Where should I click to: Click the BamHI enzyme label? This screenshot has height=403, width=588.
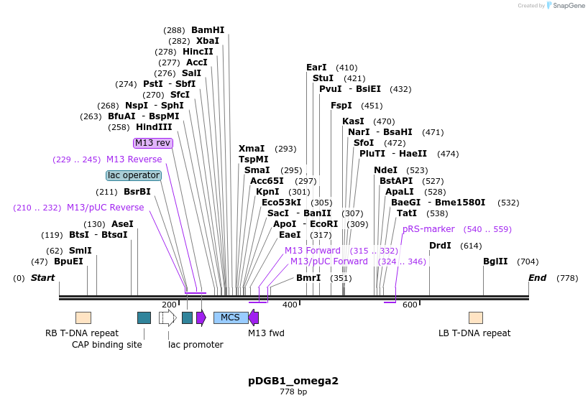(208, 30)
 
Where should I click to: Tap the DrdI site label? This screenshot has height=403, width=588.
(440, 246)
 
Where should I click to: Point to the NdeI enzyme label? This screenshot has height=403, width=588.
(385, 170)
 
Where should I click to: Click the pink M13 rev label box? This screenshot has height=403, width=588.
(153, 143)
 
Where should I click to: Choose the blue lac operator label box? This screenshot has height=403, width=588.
(134, 175)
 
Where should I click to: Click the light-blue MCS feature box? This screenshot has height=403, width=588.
(231, 318)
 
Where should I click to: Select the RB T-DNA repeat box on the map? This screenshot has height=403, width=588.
(83, 318)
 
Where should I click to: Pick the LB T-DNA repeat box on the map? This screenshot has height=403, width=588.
(476, 318)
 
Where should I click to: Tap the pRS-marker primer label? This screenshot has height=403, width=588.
(428, 229)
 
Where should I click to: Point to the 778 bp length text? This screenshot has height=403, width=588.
(293, 392)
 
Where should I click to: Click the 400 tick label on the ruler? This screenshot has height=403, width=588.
(290, 305)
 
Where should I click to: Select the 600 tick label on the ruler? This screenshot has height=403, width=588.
(410, 305)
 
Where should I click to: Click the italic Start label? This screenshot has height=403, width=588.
(42, 278)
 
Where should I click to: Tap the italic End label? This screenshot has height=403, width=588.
(537, 278)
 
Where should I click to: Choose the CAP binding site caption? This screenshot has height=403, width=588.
(107, 344)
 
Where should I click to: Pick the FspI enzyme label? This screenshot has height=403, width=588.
(341, 106)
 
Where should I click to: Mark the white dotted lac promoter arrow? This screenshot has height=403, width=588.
(167, 318)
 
